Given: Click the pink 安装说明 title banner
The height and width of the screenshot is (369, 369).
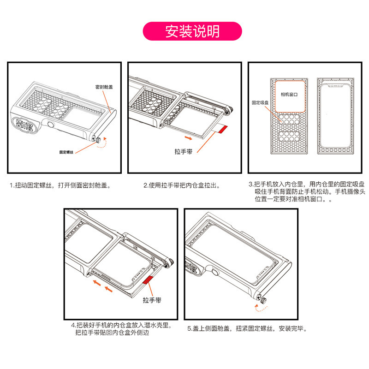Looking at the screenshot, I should [x=192, y=31].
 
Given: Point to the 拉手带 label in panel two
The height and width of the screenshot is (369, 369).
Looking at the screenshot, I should [x=183, y=151].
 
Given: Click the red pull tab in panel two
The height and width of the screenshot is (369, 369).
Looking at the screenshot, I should [x=222, y=130].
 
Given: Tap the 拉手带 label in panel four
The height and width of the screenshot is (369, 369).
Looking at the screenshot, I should [x=152, y=300].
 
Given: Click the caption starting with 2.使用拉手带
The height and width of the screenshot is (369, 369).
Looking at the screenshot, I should [x=182, y=185].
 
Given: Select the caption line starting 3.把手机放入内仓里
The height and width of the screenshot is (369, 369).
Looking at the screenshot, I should [x=307, y=184].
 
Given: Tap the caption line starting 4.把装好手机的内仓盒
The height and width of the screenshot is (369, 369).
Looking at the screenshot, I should [x=121, y=326].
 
